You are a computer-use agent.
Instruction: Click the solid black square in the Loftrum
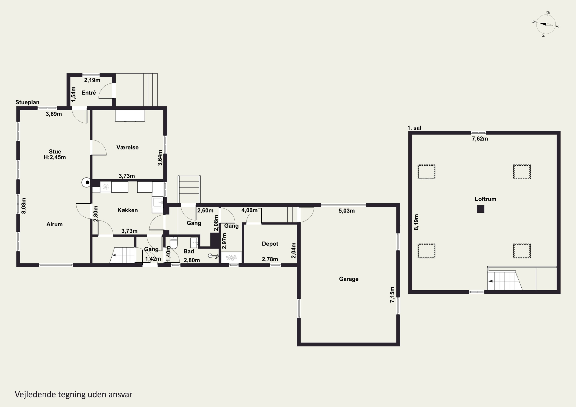click(480, 209)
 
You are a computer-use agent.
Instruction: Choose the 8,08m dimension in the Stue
click(24, 206)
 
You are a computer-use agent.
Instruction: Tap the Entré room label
click(89, 93)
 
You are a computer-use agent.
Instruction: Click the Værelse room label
click(127, 147)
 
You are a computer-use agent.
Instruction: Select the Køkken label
click(127, 210)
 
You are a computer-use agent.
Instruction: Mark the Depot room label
click(270, 244)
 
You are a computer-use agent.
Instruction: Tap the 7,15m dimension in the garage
click(392, 295)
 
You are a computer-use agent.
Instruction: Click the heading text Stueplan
click(27, 102)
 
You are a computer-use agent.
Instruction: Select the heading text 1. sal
click(414, 128)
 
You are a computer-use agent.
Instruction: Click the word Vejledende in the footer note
click(35, 395)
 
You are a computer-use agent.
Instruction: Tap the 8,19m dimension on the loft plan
click(416, 222)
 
